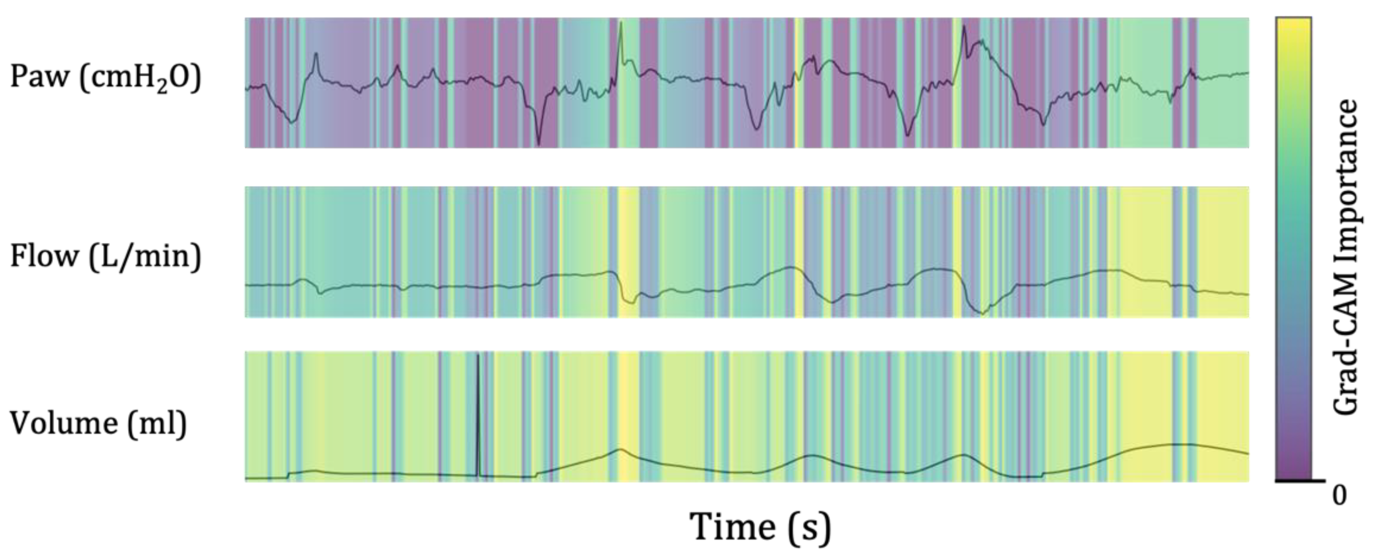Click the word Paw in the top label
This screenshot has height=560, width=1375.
40,76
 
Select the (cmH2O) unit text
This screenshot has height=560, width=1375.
140,79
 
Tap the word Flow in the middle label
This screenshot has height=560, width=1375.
44,256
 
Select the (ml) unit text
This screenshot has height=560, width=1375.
158,424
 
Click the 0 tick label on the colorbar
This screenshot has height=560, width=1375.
1339,496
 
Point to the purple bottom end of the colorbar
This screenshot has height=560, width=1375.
1293,473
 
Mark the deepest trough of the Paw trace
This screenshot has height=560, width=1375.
539,143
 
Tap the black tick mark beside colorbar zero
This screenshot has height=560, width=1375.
1318,481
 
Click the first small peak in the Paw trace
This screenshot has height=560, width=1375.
316,54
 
